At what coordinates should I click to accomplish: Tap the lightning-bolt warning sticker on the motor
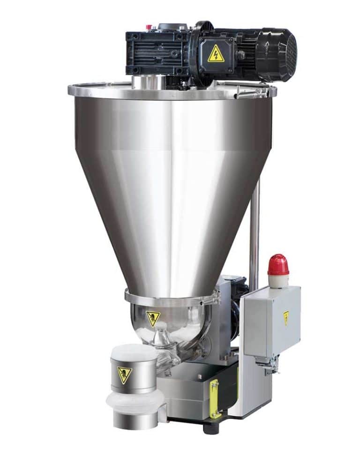click(x=215, y=53)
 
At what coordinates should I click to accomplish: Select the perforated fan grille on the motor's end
click(x=291, y=53)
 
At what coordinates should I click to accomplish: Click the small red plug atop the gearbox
click(x=150, y=27)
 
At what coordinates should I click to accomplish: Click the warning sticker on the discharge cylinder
click(x=124, y=373)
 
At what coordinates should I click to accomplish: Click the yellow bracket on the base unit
click(x=215, y=398)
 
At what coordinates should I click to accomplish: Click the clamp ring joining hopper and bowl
click(x=171, y=298)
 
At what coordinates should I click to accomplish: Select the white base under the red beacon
click(x=278, y=281)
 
